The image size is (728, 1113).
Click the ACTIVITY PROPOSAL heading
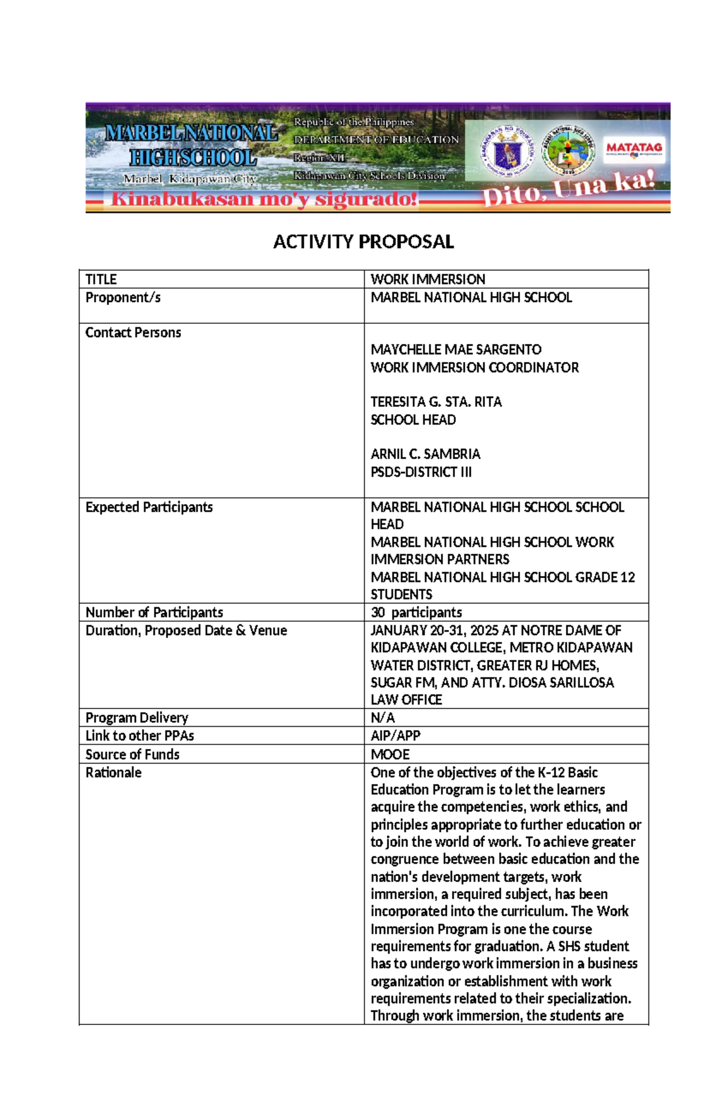click(x=363, y=242)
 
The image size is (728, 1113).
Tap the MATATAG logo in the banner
click(x=634, y=149)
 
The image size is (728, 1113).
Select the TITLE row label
click(x=101, y=280)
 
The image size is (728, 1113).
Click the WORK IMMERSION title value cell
click(x=428, y=280)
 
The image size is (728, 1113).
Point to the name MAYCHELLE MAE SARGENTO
click(x=456, y=350)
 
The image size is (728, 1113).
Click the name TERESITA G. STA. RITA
click(x=436, y=402)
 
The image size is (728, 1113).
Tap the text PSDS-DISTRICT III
click(x=420, y=472)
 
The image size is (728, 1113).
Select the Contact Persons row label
click(x=133, y=333)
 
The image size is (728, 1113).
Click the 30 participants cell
click(x=416, y=613)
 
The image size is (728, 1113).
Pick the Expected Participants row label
click(x=149, y=508)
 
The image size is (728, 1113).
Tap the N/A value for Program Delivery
click(x=382, y=718)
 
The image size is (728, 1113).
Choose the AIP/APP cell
click(x=395, y=736)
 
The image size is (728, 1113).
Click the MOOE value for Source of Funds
click(x=390, y=755)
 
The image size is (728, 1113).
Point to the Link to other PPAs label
click(x=140, y=736)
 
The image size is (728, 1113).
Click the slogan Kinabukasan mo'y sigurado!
click(x=264, y=199)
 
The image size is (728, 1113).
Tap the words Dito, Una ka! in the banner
click(x=568, y=189)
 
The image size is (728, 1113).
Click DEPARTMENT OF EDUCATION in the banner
click(x=376, y=140)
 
